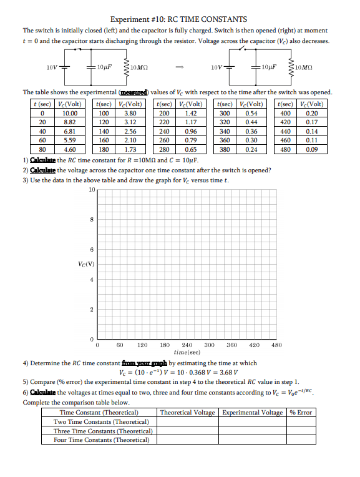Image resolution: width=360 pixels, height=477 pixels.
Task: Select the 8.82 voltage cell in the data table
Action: point(69,123)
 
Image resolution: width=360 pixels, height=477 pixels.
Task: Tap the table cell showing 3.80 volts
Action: point(130,114)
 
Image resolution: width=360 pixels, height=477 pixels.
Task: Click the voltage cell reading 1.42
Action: point(191,114)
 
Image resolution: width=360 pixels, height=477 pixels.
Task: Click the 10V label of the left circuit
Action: point(54,67)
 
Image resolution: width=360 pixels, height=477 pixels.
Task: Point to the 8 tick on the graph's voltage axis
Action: point(92,219)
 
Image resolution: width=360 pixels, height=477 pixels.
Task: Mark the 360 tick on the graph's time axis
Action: point(232,345)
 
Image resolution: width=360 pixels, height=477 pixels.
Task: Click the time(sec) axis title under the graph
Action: point(187,352)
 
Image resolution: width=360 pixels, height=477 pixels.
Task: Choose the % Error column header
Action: point(301,413)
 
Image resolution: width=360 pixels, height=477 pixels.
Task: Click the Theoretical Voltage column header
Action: point(187,413)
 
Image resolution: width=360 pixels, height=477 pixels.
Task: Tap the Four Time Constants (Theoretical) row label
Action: point(101,440)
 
